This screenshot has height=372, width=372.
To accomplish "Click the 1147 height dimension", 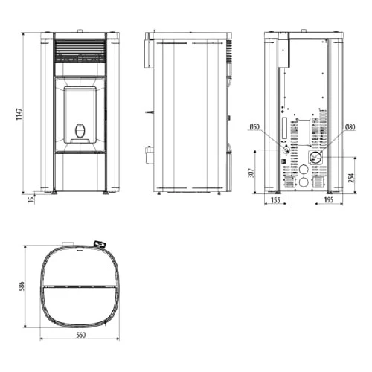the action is click(19, 115).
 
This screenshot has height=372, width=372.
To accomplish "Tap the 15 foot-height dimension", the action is click(31, 199).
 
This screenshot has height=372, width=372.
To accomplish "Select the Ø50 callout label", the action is click(254, 127).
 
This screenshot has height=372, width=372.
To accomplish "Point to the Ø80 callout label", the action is click(350, 127).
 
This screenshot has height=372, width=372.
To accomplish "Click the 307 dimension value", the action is click(251, 173).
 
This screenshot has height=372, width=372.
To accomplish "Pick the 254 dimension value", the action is click(352, 178).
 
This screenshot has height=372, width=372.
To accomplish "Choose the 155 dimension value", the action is click(275, 200).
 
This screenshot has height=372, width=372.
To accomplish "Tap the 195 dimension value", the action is click(329, 200).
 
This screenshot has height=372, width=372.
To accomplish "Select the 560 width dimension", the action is click(80, 335).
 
